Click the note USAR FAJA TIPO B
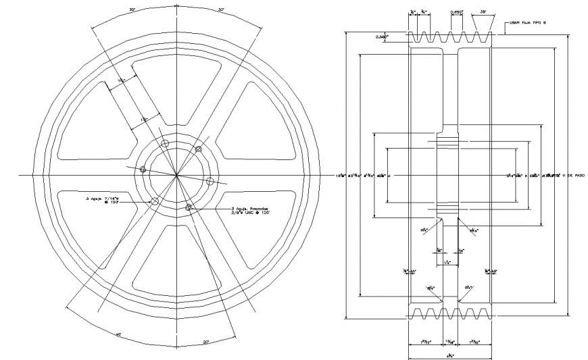[x=527, y=24]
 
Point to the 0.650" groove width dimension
[x=458, y=12]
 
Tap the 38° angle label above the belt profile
[x=485, y=12]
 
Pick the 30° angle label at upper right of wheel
[x=221, y=9]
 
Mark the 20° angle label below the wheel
[x=205, y=342]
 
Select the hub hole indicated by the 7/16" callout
[x=155, y=201]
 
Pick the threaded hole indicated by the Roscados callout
[x=189, y=206]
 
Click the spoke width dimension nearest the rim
[x=122, y=82]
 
